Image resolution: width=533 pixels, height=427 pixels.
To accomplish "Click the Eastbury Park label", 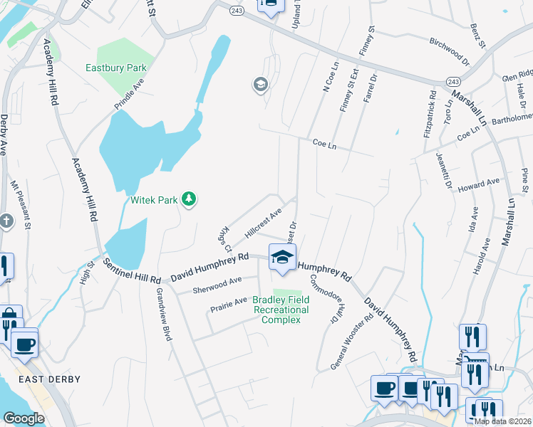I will tap(115, 68).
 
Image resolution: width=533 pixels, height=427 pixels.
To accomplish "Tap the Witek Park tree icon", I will tap(189, 199).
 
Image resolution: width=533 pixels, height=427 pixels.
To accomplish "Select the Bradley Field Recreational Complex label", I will tap(281, 310).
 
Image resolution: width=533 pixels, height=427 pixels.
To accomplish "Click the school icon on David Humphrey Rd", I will tap(282, 257).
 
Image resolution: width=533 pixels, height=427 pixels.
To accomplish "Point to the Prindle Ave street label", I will tap(128, 94).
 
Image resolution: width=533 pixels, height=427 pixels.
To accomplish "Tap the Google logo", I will tap(24, 418).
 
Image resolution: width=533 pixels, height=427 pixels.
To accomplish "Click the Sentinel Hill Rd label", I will tap(133, 270).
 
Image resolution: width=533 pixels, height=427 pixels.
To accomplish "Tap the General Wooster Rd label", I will tap(352, 342).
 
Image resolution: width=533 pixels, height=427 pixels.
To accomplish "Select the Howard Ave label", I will tap(479, 184).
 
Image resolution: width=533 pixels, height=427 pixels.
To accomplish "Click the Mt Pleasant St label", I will tap(20, 206).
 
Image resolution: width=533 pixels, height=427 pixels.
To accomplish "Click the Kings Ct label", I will tap(225, 240).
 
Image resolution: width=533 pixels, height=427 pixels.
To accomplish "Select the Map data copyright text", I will tap(503, 421).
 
